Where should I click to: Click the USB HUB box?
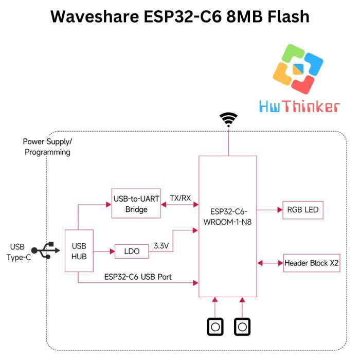pos(78,250)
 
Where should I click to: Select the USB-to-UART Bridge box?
pos(136,204)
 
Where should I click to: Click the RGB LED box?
pos(302,210)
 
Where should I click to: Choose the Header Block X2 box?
pos(312,263)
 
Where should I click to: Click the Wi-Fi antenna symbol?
pos(228,119)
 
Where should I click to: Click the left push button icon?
pos(215,327)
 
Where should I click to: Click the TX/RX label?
pos(180,198)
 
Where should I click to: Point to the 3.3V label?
pos(161,246)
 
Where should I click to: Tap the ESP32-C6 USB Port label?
pos(138,277)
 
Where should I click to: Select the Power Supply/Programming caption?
pos(48,147)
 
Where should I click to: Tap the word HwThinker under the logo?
pos(299,106)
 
